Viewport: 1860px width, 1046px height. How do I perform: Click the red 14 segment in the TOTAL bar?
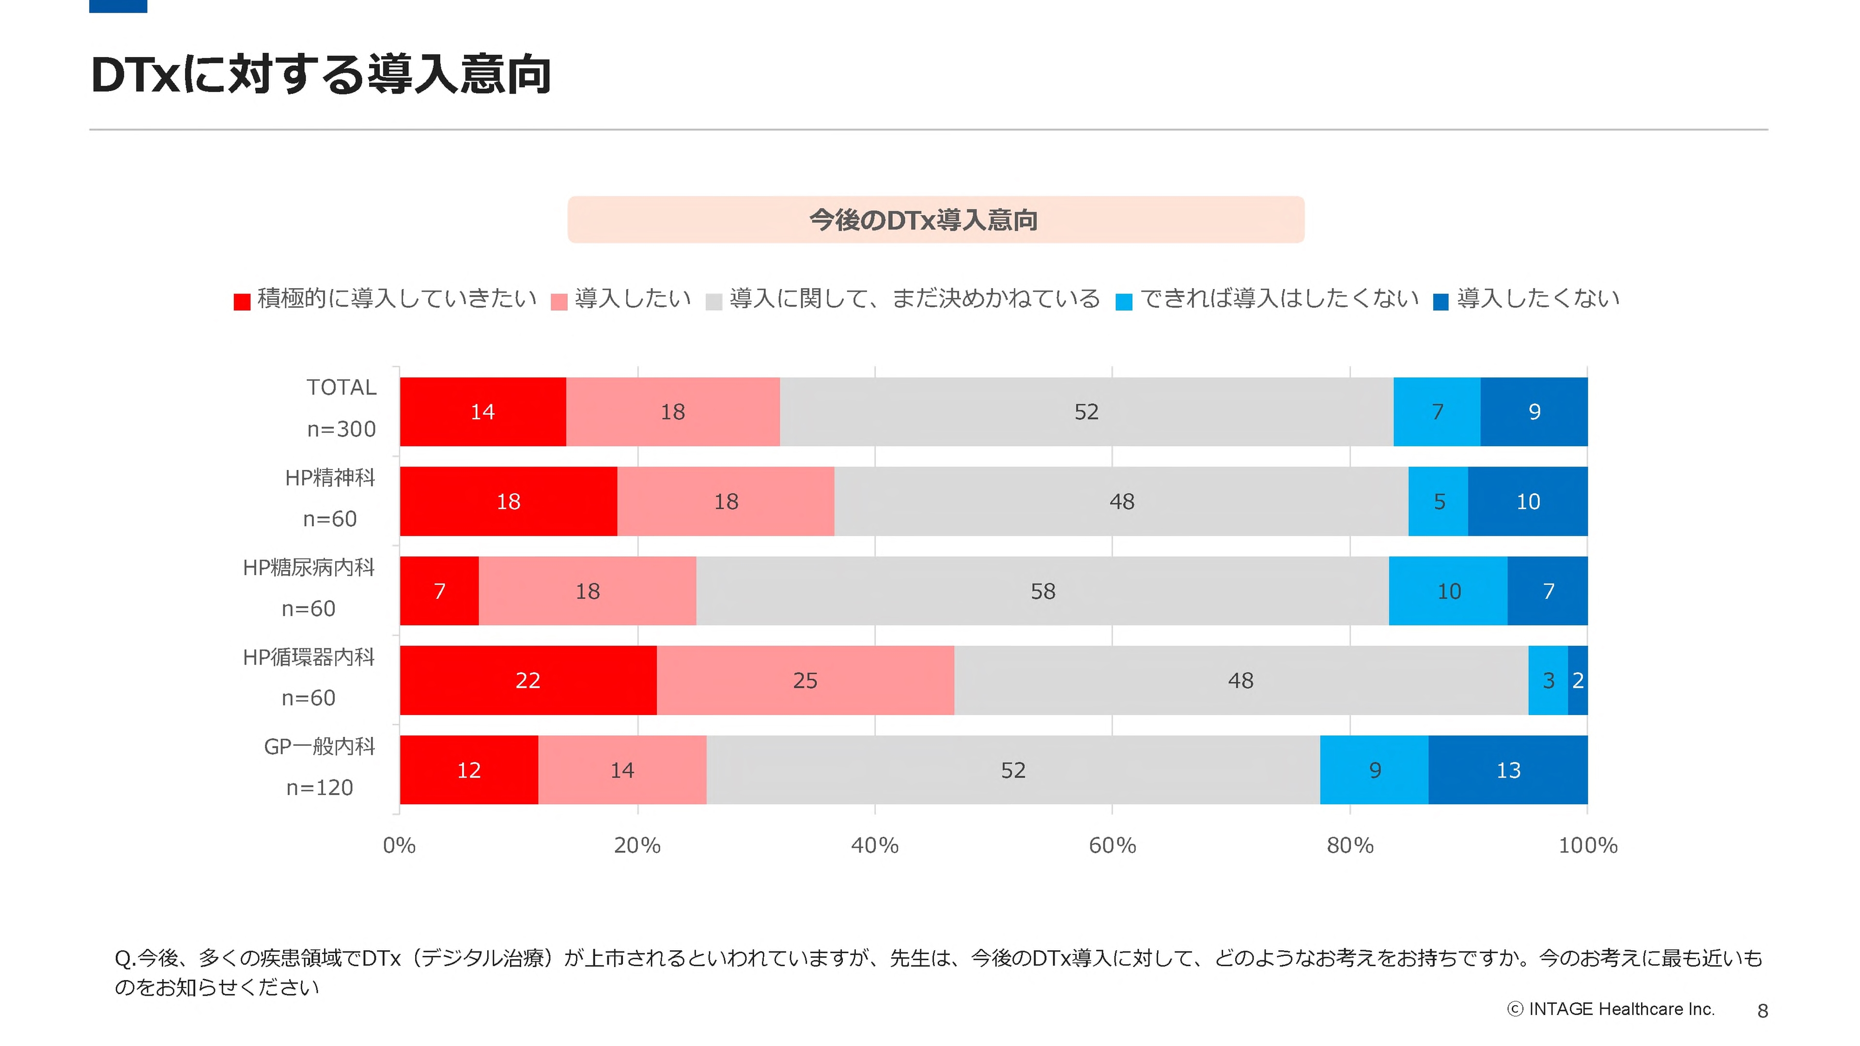tap(482, 412)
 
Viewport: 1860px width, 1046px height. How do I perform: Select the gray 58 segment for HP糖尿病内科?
tap(1042, 591)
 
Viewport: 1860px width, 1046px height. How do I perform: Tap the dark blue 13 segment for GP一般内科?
tap(1508, 770)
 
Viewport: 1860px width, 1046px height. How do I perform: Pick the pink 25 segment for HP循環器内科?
tap(805, 681)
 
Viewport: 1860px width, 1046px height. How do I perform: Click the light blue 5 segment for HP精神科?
tap(1438, 501)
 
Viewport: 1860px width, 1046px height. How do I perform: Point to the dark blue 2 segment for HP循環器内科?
tap(1578, 681)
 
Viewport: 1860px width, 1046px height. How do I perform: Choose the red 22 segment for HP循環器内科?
tap(528, 681)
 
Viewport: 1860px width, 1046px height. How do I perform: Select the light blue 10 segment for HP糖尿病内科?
tap(1448, 591)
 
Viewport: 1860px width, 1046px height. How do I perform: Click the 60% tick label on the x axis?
tap(1112, 845)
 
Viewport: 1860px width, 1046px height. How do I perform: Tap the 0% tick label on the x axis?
tap(399, 845)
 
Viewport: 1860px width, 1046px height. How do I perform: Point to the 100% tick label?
tap(1587, 845)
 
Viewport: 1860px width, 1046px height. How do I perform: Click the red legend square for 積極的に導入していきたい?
tap(242, 301)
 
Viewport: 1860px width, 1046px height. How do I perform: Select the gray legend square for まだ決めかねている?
tap(713, 301)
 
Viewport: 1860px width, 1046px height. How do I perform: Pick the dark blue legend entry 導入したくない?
tap(1537, 298)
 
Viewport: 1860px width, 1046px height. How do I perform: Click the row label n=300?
tap(341, 429)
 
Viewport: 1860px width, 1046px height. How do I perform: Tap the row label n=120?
tap(319, 787)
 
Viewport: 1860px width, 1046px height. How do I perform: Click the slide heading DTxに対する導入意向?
tap(321, 75)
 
